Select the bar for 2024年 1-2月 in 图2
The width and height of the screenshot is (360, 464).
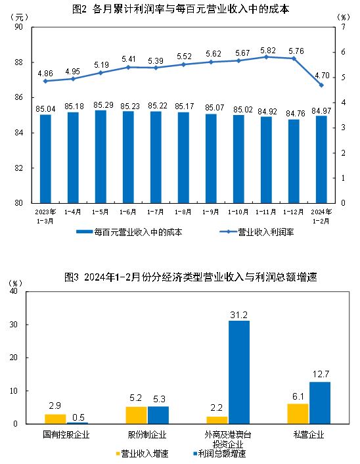coord(321,159)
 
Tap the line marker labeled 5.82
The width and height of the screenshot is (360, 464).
coord(266,57)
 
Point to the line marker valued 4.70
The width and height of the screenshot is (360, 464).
coord(321,85)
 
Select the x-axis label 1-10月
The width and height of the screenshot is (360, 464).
coord(238,212)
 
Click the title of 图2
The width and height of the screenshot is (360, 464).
coord(181,9)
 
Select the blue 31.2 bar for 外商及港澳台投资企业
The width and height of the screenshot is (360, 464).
coord(239,372)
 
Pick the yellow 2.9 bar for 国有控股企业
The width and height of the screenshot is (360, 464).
coord(55,419)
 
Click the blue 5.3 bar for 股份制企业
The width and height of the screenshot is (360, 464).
coord(158,415)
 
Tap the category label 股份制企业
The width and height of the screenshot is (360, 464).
coord(147,434)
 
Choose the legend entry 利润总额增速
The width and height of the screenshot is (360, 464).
coord(219,453)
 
